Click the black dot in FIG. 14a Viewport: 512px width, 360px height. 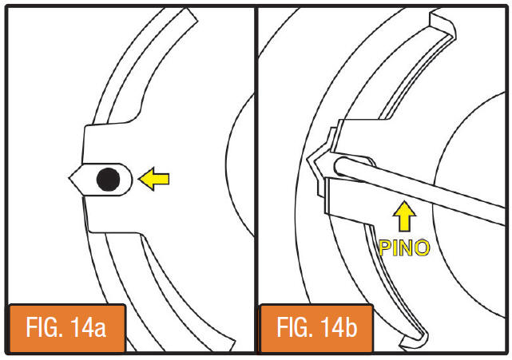(x=108, y=179)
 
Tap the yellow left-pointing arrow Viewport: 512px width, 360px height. (x=154, y=179)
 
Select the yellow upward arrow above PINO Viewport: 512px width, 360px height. (x=404, y=216)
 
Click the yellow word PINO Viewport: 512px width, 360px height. (x=404, y=248)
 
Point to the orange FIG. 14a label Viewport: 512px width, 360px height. (x=67, y=328)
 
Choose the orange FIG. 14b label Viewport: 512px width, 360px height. (x=317, y=328)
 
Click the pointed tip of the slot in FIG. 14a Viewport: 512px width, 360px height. (x=69, y=178)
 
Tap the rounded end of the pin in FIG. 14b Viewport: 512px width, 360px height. (x=339, y=166)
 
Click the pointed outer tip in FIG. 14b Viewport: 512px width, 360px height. (x=308, y=158)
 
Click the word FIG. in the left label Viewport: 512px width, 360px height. (x=45, y=327)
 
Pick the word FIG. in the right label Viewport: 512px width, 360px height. (x=296, y=327)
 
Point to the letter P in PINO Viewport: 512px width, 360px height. (x=385, y=248)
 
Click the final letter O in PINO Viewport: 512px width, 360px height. (x=422, y=248)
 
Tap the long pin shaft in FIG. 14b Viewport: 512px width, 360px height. (x=421, y=190)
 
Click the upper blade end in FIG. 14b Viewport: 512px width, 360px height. (x=443, y=22)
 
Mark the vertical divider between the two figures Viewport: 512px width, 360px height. (x=256, y=180)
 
